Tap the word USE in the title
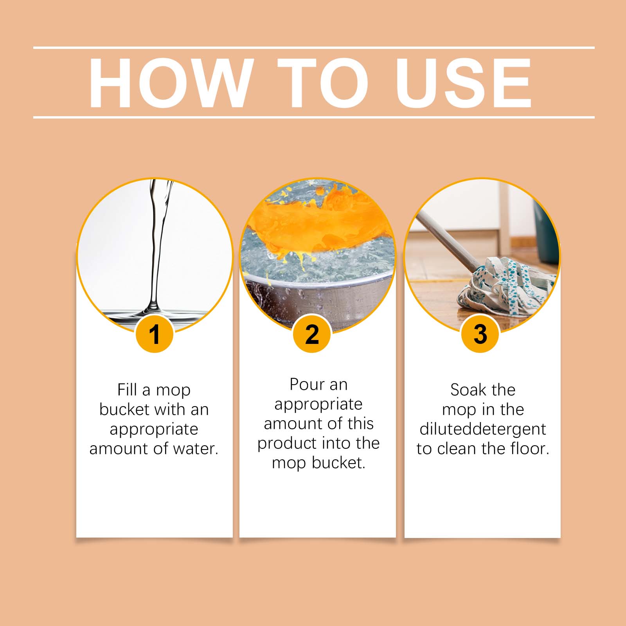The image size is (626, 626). pos(464,83)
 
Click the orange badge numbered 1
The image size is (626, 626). pos(155,334)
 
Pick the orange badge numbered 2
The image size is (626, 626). pos(312,334)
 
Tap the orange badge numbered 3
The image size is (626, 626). pos(480,334)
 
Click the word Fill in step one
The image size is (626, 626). pos(127,390)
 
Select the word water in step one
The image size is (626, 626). pos(196,449)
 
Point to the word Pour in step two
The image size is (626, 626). pos(304,384)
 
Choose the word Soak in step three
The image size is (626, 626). pos(467,390)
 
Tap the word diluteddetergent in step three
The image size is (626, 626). pos(482,430)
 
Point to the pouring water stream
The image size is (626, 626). pos(159,246)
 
